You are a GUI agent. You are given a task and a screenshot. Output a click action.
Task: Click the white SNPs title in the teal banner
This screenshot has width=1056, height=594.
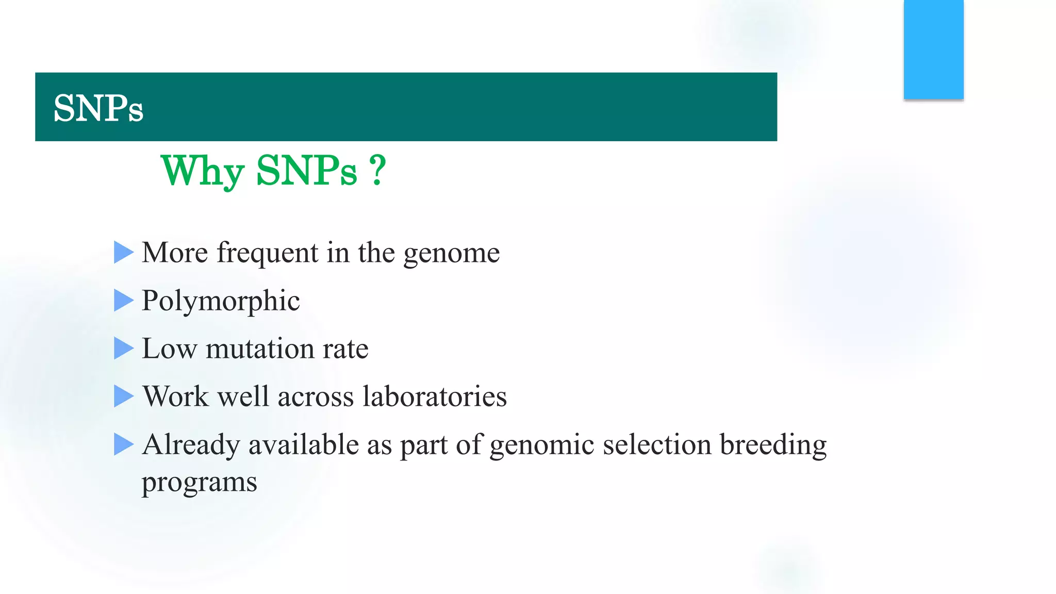98,109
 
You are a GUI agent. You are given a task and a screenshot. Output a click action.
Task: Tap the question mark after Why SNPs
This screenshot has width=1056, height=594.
377,171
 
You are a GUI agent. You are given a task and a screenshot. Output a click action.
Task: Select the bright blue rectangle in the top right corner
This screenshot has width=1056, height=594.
933,49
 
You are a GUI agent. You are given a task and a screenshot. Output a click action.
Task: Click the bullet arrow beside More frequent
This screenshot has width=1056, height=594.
123,253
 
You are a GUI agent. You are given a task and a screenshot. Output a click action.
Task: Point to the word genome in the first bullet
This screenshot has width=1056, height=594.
451,254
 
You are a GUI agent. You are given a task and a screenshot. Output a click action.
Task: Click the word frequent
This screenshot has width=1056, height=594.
267,254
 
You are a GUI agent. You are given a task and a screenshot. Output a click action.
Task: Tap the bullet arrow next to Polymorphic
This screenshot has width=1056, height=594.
123,301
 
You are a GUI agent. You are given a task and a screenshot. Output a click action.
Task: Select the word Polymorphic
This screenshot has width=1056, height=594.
220,302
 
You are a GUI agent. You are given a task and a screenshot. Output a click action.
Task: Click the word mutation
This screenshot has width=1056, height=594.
260,349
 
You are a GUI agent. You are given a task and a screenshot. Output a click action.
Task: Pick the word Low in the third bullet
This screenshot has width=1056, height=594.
169,349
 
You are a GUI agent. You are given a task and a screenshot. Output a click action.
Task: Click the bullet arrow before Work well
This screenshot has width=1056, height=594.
123,397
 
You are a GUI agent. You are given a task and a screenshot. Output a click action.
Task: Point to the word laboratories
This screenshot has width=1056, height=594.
434,397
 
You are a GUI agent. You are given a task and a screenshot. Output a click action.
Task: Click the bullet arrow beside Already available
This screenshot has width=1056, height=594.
123,444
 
